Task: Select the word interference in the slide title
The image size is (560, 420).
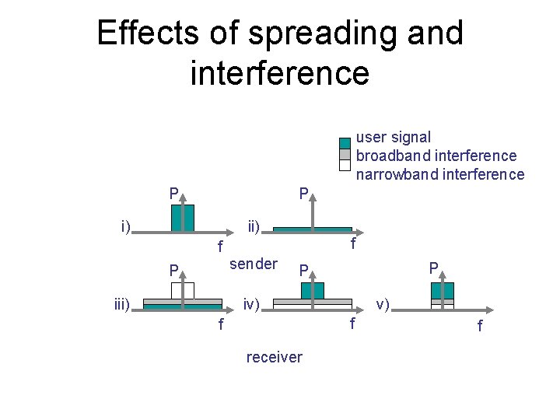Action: click(279, 72)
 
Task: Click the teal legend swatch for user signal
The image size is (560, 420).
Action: click(345, 142)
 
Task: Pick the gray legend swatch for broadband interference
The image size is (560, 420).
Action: click(345, 153)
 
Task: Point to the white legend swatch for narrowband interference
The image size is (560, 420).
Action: click(345, 164)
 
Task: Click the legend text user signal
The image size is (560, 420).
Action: click(393, 138)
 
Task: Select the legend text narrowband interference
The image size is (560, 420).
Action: click(439, 174)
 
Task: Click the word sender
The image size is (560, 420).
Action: click(253, 264)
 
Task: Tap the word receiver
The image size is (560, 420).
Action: click(274, 357)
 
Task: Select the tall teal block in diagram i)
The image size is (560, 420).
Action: click(182, 218)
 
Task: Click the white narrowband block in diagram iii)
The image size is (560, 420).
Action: click(183, 290)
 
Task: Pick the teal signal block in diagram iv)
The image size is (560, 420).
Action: click(312, 290)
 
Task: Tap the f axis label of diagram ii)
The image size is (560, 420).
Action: click(353, 244)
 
